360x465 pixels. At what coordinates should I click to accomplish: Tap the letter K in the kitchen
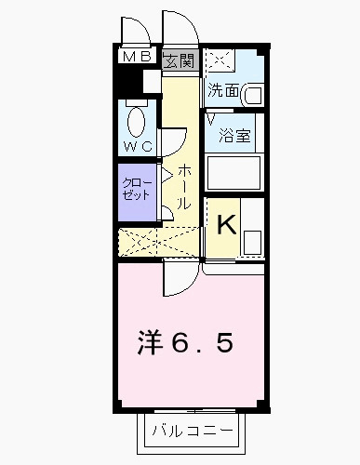tap(226, 223)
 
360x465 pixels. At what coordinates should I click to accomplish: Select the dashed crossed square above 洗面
tap(220, 61)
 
